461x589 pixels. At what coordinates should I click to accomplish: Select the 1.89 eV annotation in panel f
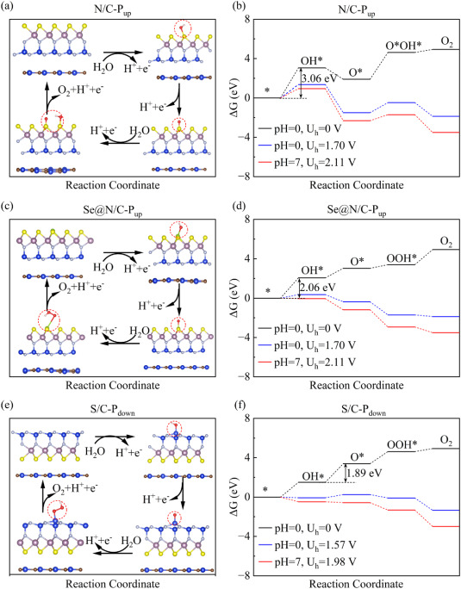(364, 471)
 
